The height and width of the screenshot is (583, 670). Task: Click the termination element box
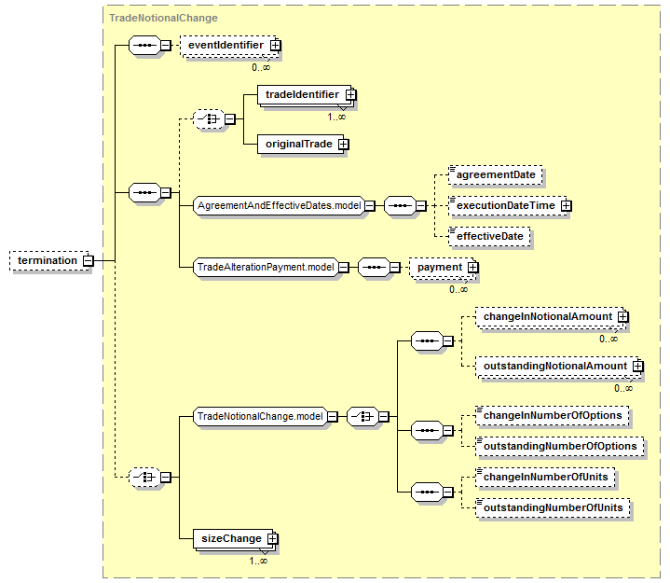click(51, 260)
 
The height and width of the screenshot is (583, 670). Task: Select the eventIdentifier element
click(230, 45)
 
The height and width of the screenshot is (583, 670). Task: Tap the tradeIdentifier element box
click(307, 94)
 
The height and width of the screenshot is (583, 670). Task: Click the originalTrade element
click(303, 145)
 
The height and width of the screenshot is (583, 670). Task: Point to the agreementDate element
click(496, 175)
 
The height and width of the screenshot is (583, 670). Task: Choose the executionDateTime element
click(510, 206)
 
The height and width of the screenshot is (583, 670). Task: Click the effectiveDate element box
click(489, 237)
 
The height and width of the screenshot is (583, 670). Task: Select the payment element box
click(444, 268)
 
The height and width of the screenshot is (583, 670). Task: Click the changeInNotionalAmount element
click(552, 317)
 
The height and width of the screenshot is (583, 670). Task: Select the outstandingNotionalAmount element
click(559, 367)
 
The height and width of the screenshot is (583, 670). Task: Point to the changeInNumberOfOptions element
click(553, 416)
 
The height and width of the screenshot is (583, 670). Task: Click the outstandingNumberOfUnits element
click(553, 508)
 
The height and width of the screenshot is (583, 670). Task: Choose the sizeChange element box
click(236, 538)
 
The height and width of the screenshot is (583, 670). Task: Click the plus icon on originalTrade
click(343, 145)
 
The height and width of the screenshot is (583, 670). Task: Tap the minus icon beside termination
click(88, 260)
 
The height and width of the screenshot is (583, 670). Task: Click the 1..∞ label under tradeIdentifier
click(336, 117)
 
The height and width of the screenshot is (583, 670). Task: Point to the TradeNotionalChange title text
click(163, 18)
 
